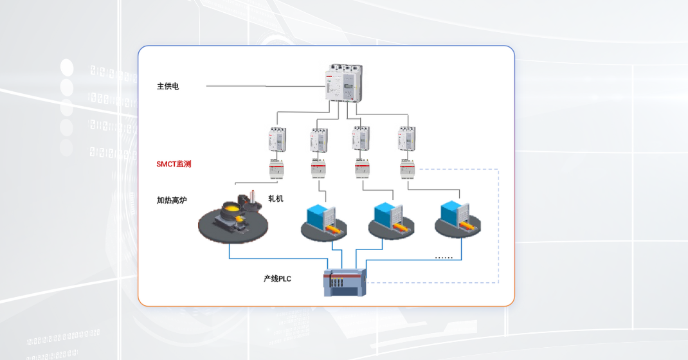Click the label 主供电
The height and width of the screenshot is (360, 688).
[168, 86]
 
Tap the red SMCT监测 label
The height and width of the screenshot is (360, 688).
[174, 164]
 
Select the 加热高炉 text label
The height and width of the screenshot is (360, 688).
[172, 200]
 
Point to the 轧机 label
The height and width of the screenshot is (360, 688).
[276, 199]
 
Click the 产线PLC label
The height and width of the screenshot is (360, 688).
[277, 278]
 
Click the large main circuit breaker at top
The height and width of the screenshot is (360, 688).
[343, 82]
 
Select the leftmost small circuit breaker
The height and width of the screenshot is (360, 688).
[277, 139]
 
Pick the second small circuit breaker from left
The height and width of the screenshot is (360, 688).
[319, 139]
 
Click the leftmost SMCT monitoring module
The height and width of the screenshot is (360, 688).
[277, 169]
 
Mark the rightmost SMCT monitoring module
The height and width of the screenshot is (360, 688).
[407, 169]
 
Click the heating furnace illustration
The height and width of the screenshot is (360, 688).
[233, 219]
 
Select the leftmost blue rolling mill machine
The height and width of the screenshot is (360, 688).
[323, 220]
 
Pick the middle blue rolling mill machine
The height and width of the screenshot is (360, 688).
[390, 220]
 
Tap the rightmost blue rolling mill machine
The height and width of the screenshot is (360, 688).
[457, 219]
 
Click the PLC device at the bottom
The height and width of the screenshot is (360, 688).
[345, 282]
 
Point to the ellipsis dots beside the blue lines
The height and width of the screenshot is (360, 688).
[444, 258]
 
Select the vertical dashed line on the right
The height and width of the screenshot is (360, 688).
[498, 225]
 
